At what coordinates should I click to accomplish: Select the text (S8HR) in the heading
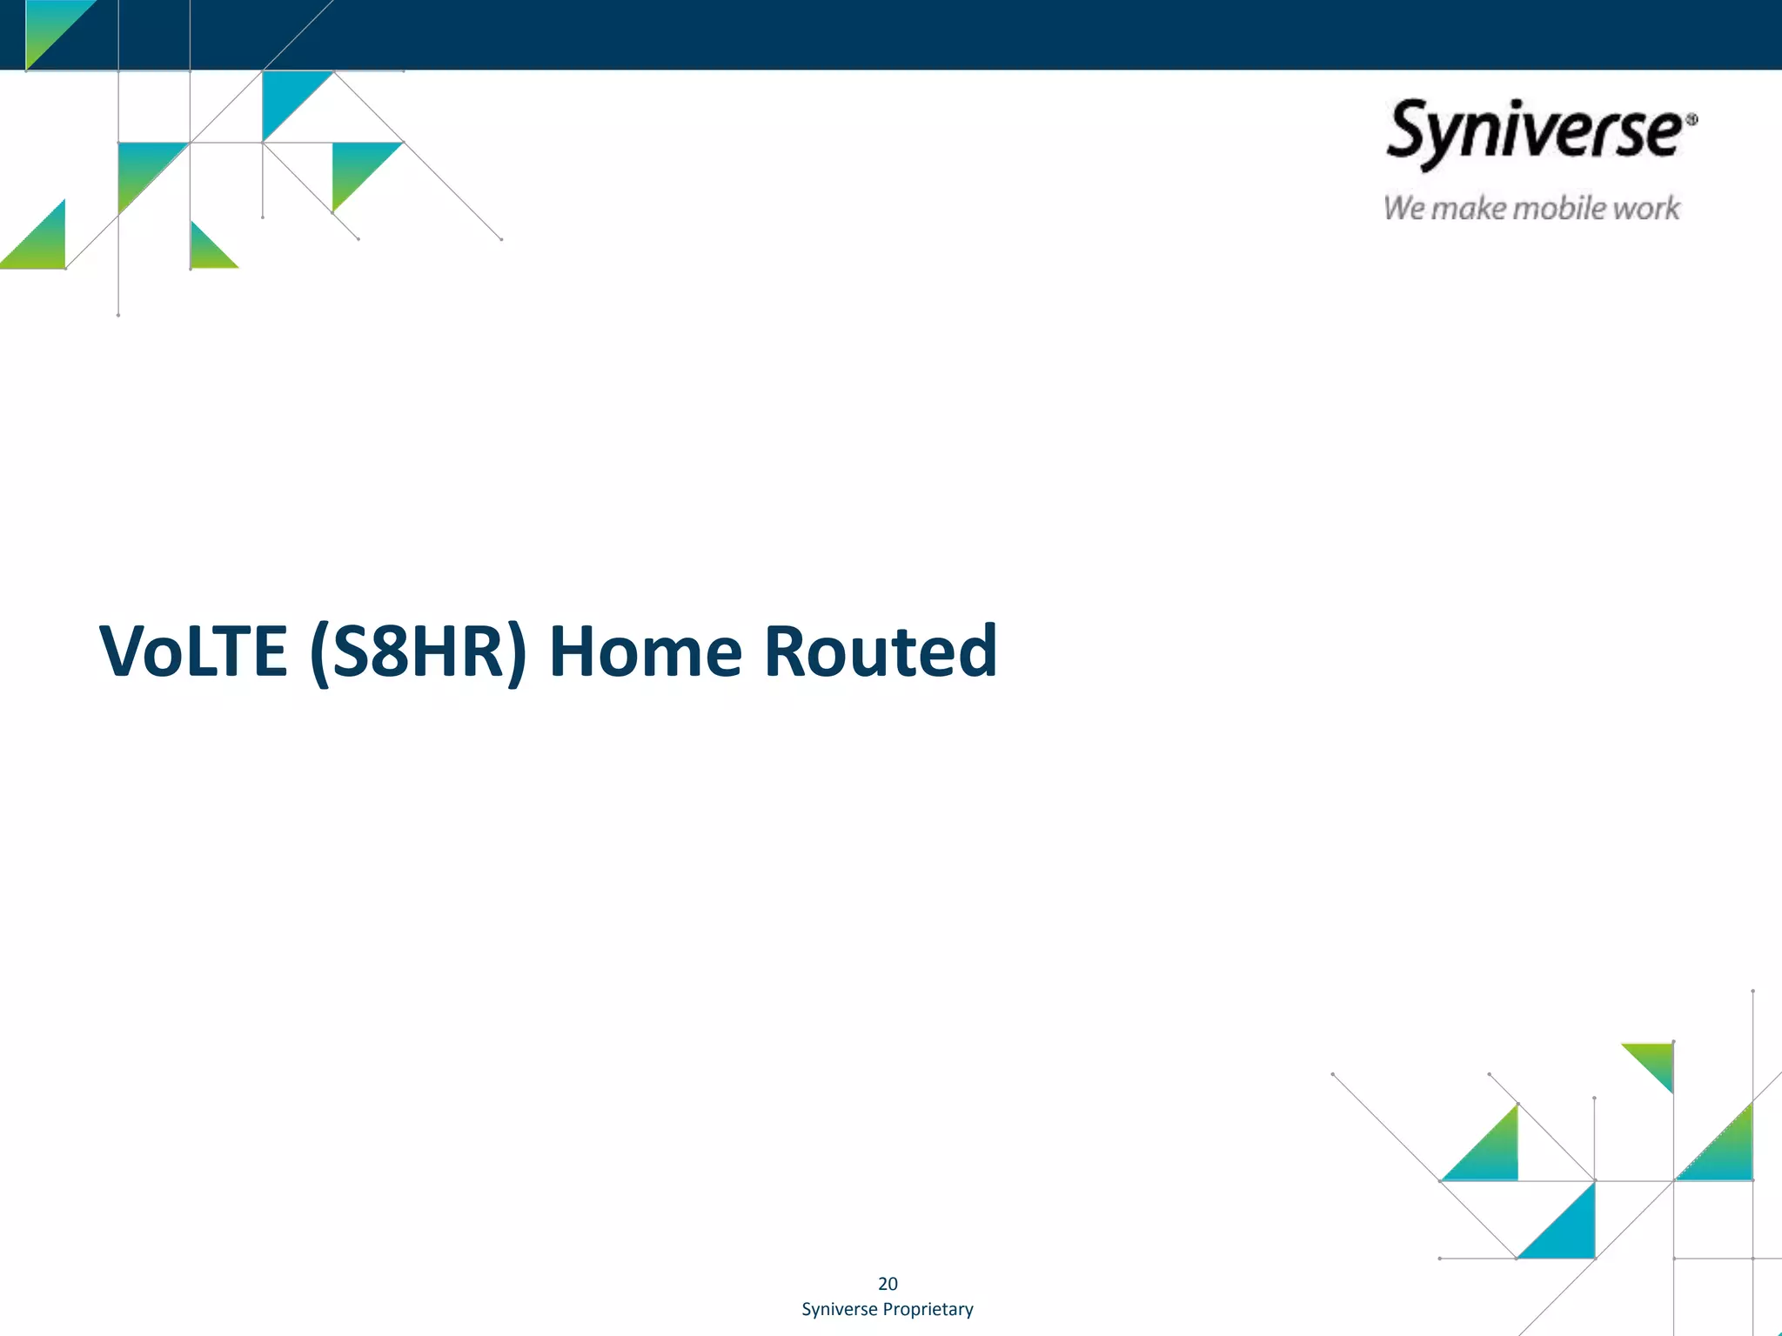418,652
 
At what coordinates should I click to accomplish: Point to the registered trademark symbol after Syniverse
1692,120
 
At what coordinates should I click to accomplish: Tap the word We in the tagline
1403,209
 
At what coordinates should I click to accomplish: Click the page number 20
888,1284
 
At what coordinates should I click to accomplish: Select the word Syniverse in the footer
839,1309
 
